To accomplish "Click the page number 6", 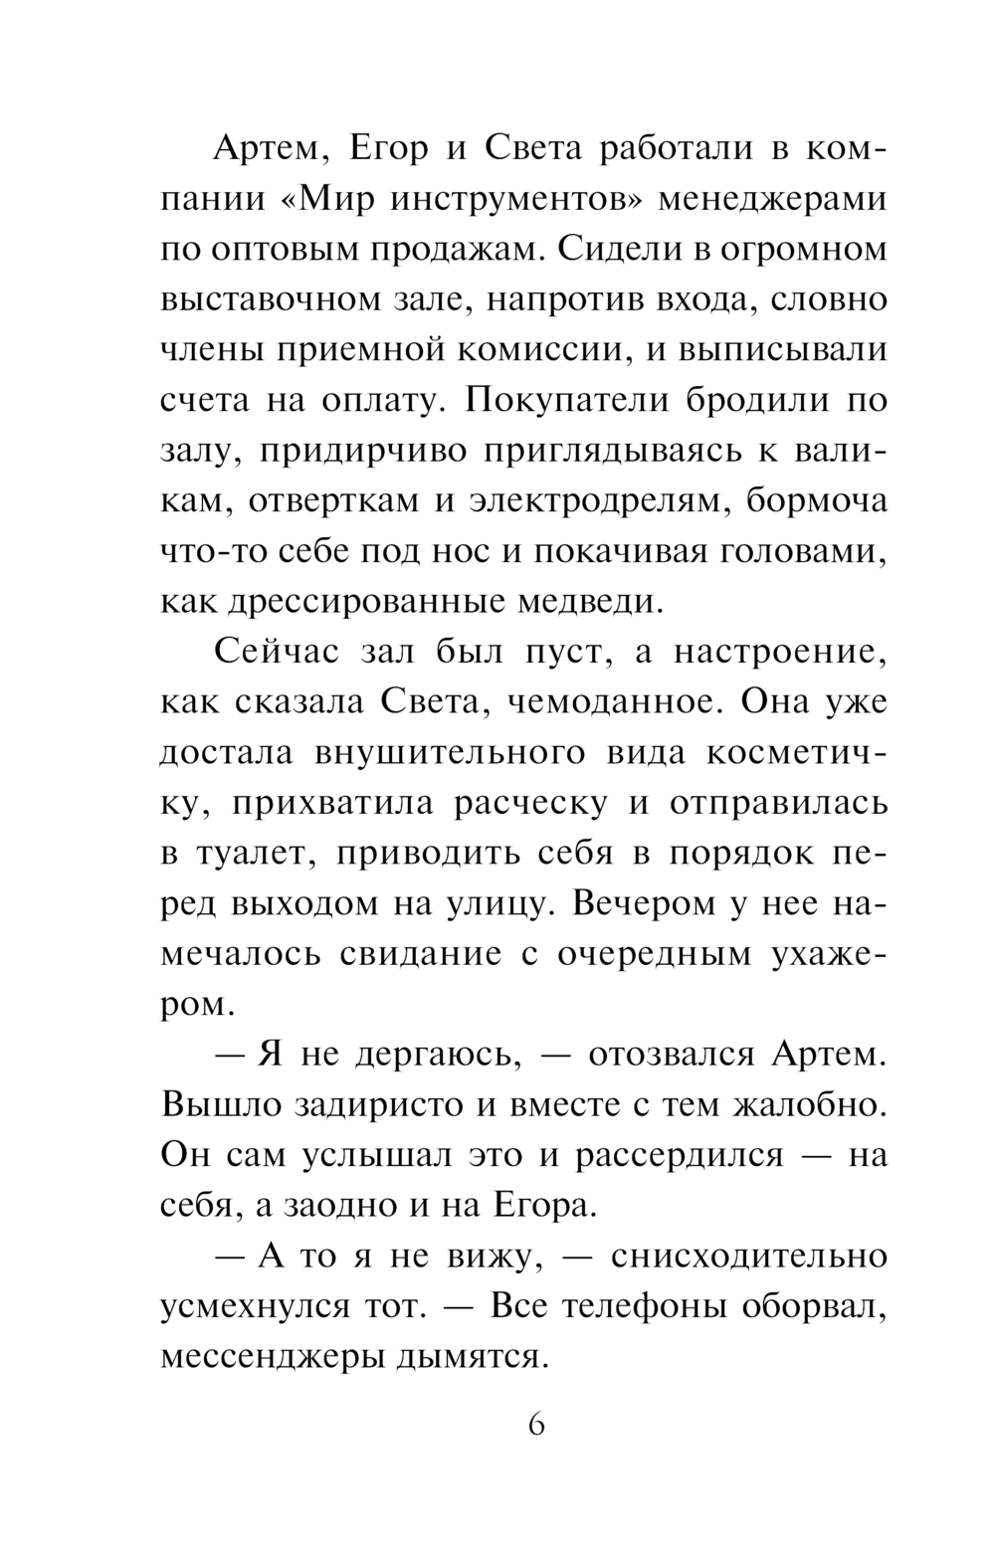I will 536,1426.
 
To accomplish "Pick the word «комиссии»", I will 552,350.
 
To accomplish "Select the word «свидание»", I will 416,955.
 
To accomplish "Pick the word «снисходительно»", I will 749,1258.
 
